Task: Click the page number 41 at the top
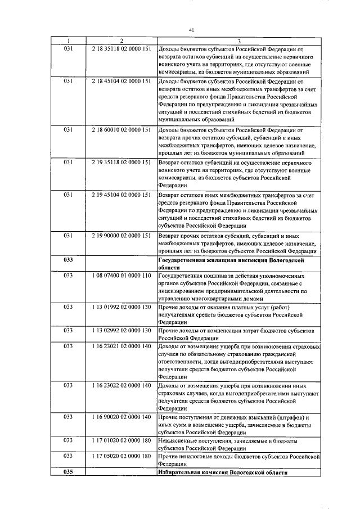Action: click(x=191, y=30)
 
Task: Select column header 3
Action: click(x=239, y=40)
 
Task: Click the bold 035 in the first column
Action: click(x=69, y=472)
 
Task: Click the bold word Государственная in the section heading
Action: click(x=183, y=260)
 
